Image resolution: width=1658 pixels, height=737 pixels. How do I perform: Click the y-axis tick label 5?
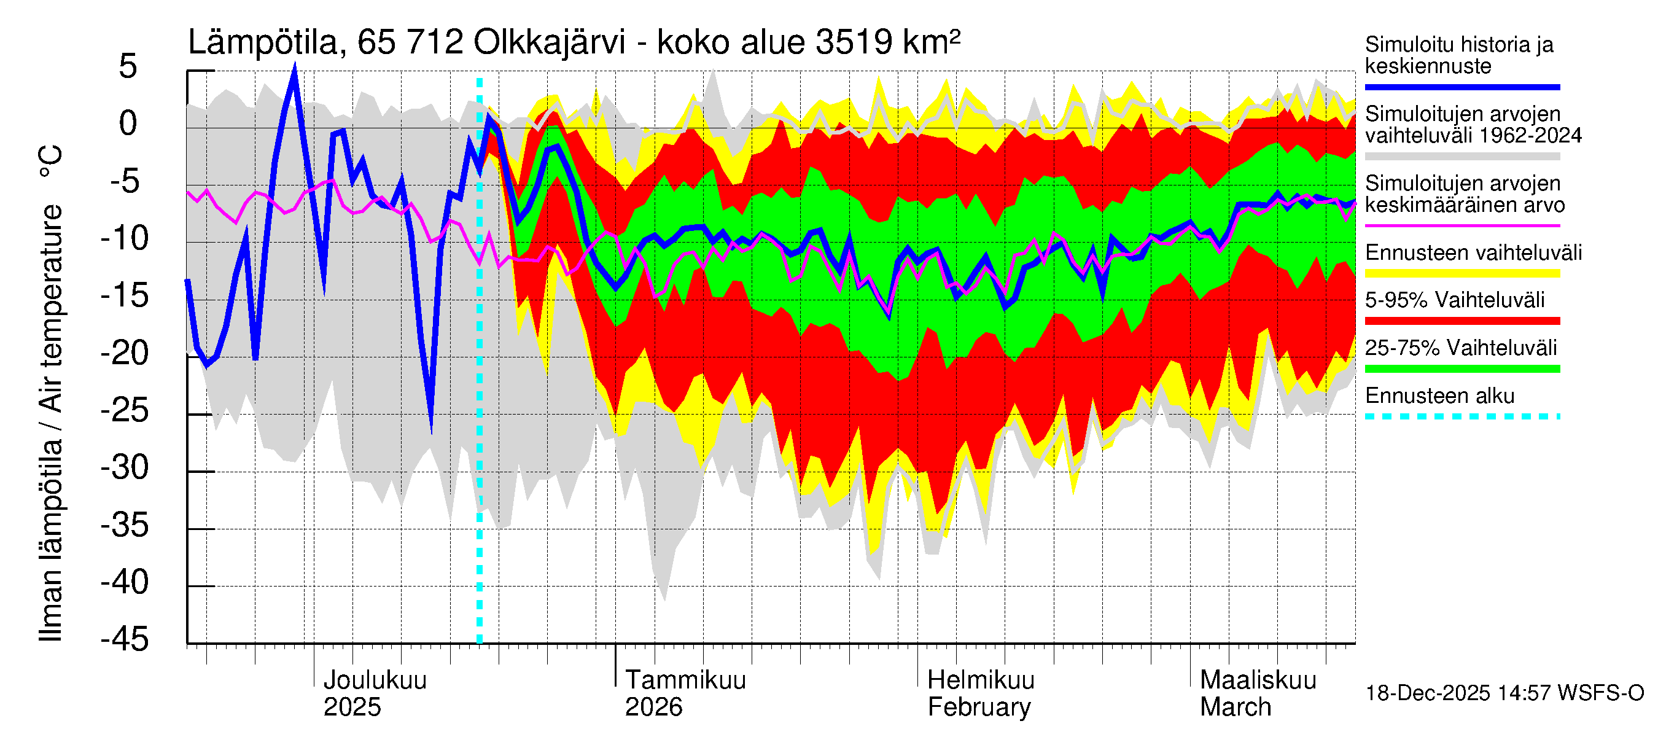coord(128,66)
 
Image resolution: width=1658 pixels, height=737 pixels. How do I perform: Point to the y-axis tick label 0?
coord(128,123)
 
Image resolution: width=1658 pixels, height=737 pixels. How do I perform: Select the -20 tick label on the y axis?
coord(125,353)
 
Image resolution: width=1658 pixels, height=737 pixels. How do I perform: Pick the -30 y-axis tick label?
coord(125,467)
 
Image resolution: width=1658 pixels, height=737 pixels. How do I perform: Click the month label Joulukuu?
coord(375,680)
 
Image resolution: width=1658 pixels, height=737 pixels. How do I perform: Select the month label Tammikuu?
coord(685,680)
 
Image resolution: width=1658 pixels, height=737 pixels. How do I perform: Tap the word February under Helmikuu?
coord(978,708)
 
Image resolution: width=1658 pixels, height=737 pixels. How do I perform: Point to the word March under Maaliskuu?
coord(1235,708)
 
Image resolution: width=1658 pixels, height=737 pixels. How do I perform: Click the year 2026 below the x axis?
coord(653,708)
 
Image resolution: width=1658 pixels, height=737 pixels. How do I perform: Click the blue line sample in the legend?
coord(1461,87)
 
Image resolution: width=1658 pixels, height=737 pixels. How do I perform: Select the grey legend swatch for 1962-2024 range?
coord(1461,157)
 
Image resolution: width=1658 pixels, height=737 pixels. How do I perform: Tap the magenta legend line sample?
coord(1461,226)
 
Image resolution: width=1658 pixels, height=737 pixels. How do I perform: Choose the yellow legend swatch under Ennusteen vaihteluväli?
coord(1461,273)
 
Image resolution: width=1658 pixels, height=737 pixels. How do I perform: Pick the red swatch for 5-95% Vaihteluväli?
coord(1461,321)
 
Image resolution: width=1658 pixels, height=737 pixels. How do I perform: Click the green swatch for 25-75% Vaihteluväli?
coord(1461,369)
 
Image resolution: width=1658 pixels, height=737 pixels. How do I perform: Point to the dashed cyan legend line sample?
coord(1461,416)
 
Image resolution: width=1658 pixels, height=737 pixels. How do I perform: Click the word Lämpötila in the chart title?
coord(263,43)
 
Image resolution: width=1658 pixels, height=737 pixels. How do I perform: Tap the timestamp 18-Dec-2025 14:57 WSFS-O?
coord(1504,693)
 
